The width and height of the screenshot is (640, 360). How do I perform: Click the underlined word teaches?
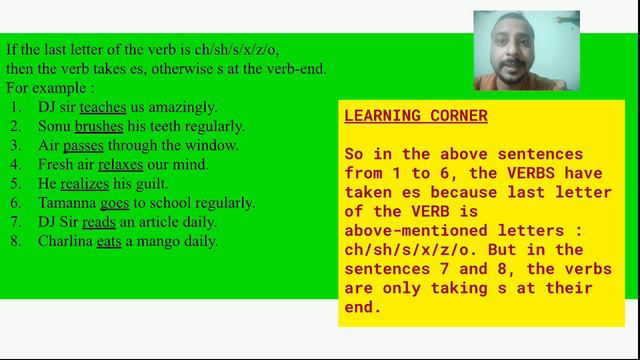102,107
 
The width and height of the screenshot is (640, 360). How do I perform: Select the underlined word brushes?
98,126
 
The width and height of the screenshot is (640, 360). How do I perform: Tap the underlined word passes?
83,145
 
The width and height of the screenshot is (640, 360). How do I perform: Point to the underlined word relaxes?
120,164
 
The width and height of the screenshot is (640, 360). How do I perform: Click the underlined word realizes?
84,183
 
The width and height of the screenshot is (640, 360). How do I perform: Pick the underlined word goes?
109,202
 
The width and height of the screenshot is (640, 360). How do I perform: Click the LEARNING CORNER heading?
415,116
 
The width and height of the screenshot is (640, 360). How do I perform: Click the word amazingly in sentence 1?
181,107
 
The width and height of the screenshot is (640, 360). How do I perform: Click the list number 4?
16,164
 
